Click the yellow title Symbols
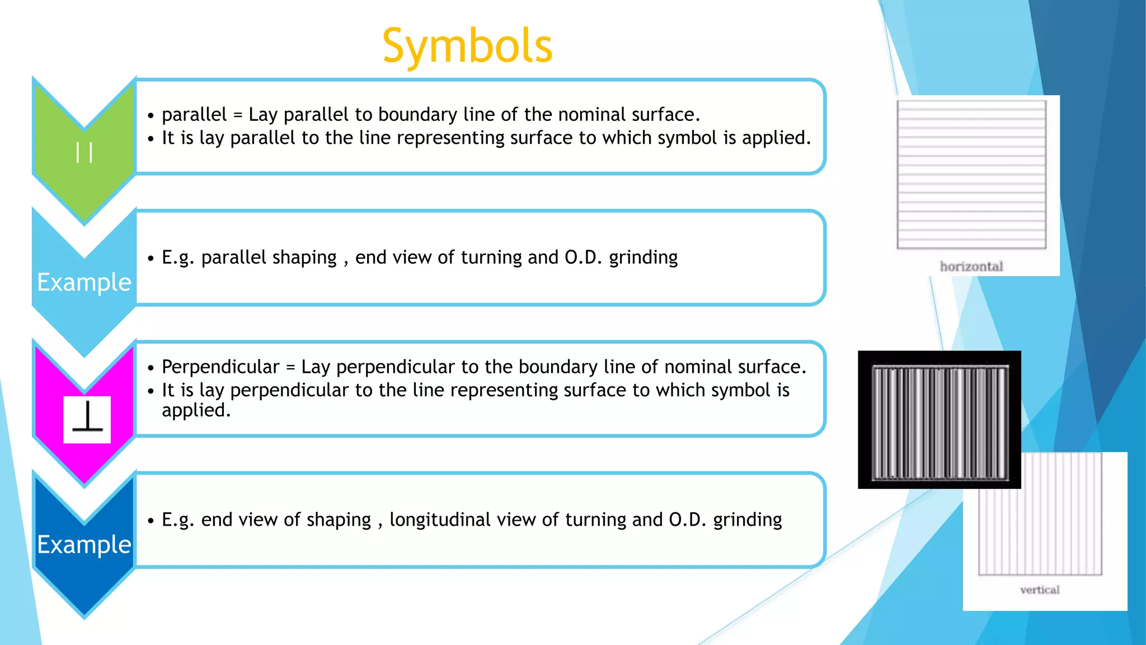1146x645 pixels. point(467,46)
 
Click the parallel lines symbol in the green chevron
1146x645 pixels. point(84,152)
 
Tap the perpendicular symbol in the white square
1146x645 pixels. point(87,419)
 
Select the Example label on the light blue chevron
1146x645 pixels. point(84,282)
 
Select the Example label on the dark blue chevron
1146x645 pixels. point(84,544)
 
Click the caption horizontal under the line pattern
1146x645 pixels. point(971,267)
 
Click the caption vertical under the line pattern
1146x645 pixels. point(1039,590)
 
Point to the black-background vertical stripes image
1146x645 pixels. point(940,420)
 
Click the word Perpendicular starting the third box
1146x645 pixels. point(220,367)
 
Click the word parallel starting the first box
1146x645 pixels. point(194,114)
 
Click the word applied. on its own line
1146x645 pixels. point(196,410)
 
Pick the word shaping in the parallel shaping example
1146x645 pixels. point(311,258)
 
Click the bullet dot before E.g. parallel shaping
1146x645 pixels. point(151,258)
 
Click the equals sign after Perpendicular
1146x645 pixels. point(290,367)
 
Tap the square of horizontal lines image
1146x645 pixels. point(971,174)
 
